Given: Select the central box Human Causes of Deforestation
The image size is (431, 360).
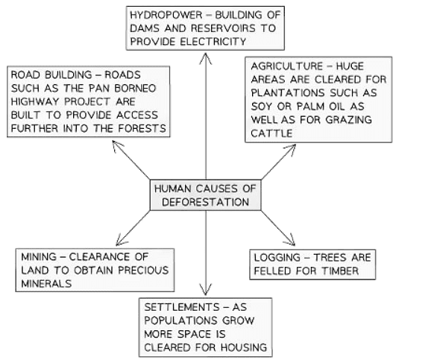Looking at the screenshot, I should tap(204, 195).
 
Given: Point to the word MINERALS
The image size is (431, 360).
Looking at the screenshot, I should tap(46, 284).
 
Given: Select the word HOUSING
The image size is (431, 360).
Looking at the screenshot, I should tap(243, 348).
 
